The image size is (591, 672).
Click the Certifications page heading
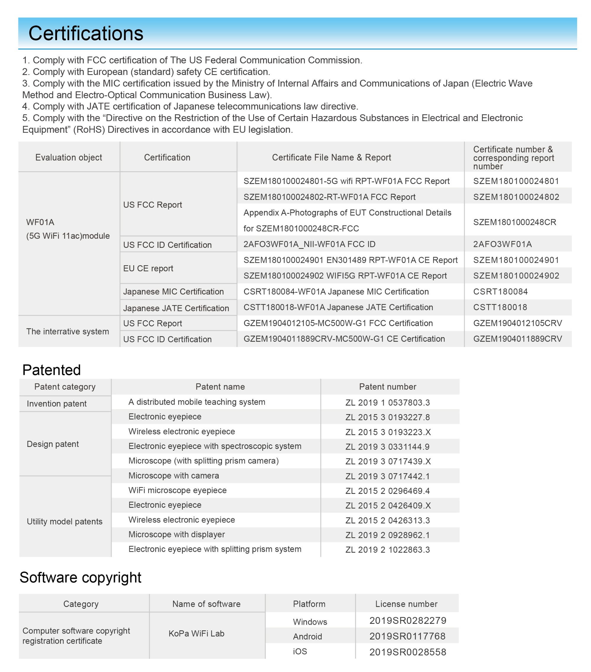point(86,34)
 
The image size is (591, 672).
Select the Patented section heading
point(52,370)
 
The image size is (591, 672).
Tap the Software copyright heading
point(80,577)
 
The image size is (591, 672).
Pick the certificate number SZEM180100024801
point(516,181)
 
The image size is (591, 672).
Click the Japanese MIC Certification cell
point(173,292)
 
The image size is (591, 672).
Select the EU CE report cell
point(148,268)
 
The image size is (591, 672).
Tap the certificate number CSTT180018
point(500,307)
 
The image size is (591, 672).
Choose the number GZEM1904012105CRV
point(517,323)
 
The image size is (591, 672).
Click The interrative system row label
point(67,331)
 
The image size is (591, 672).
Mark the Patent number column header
point(387,387)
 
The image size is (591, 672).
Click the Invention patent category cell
point(56,404)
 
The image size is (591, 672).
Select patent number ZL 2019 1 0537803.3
point(387,402)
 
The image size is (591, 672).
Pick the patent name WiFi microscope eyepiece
point(177,490)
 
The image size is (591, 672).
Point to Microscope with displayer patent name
point(177,534)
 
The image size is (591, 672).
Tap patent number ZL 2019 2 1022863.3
point(387,550)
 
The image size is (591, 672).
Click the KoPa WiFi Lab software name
point(196,634)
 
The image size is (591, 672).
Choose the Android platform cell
point(307,637)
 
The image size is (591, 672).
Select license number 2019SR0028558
point(407,652)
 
